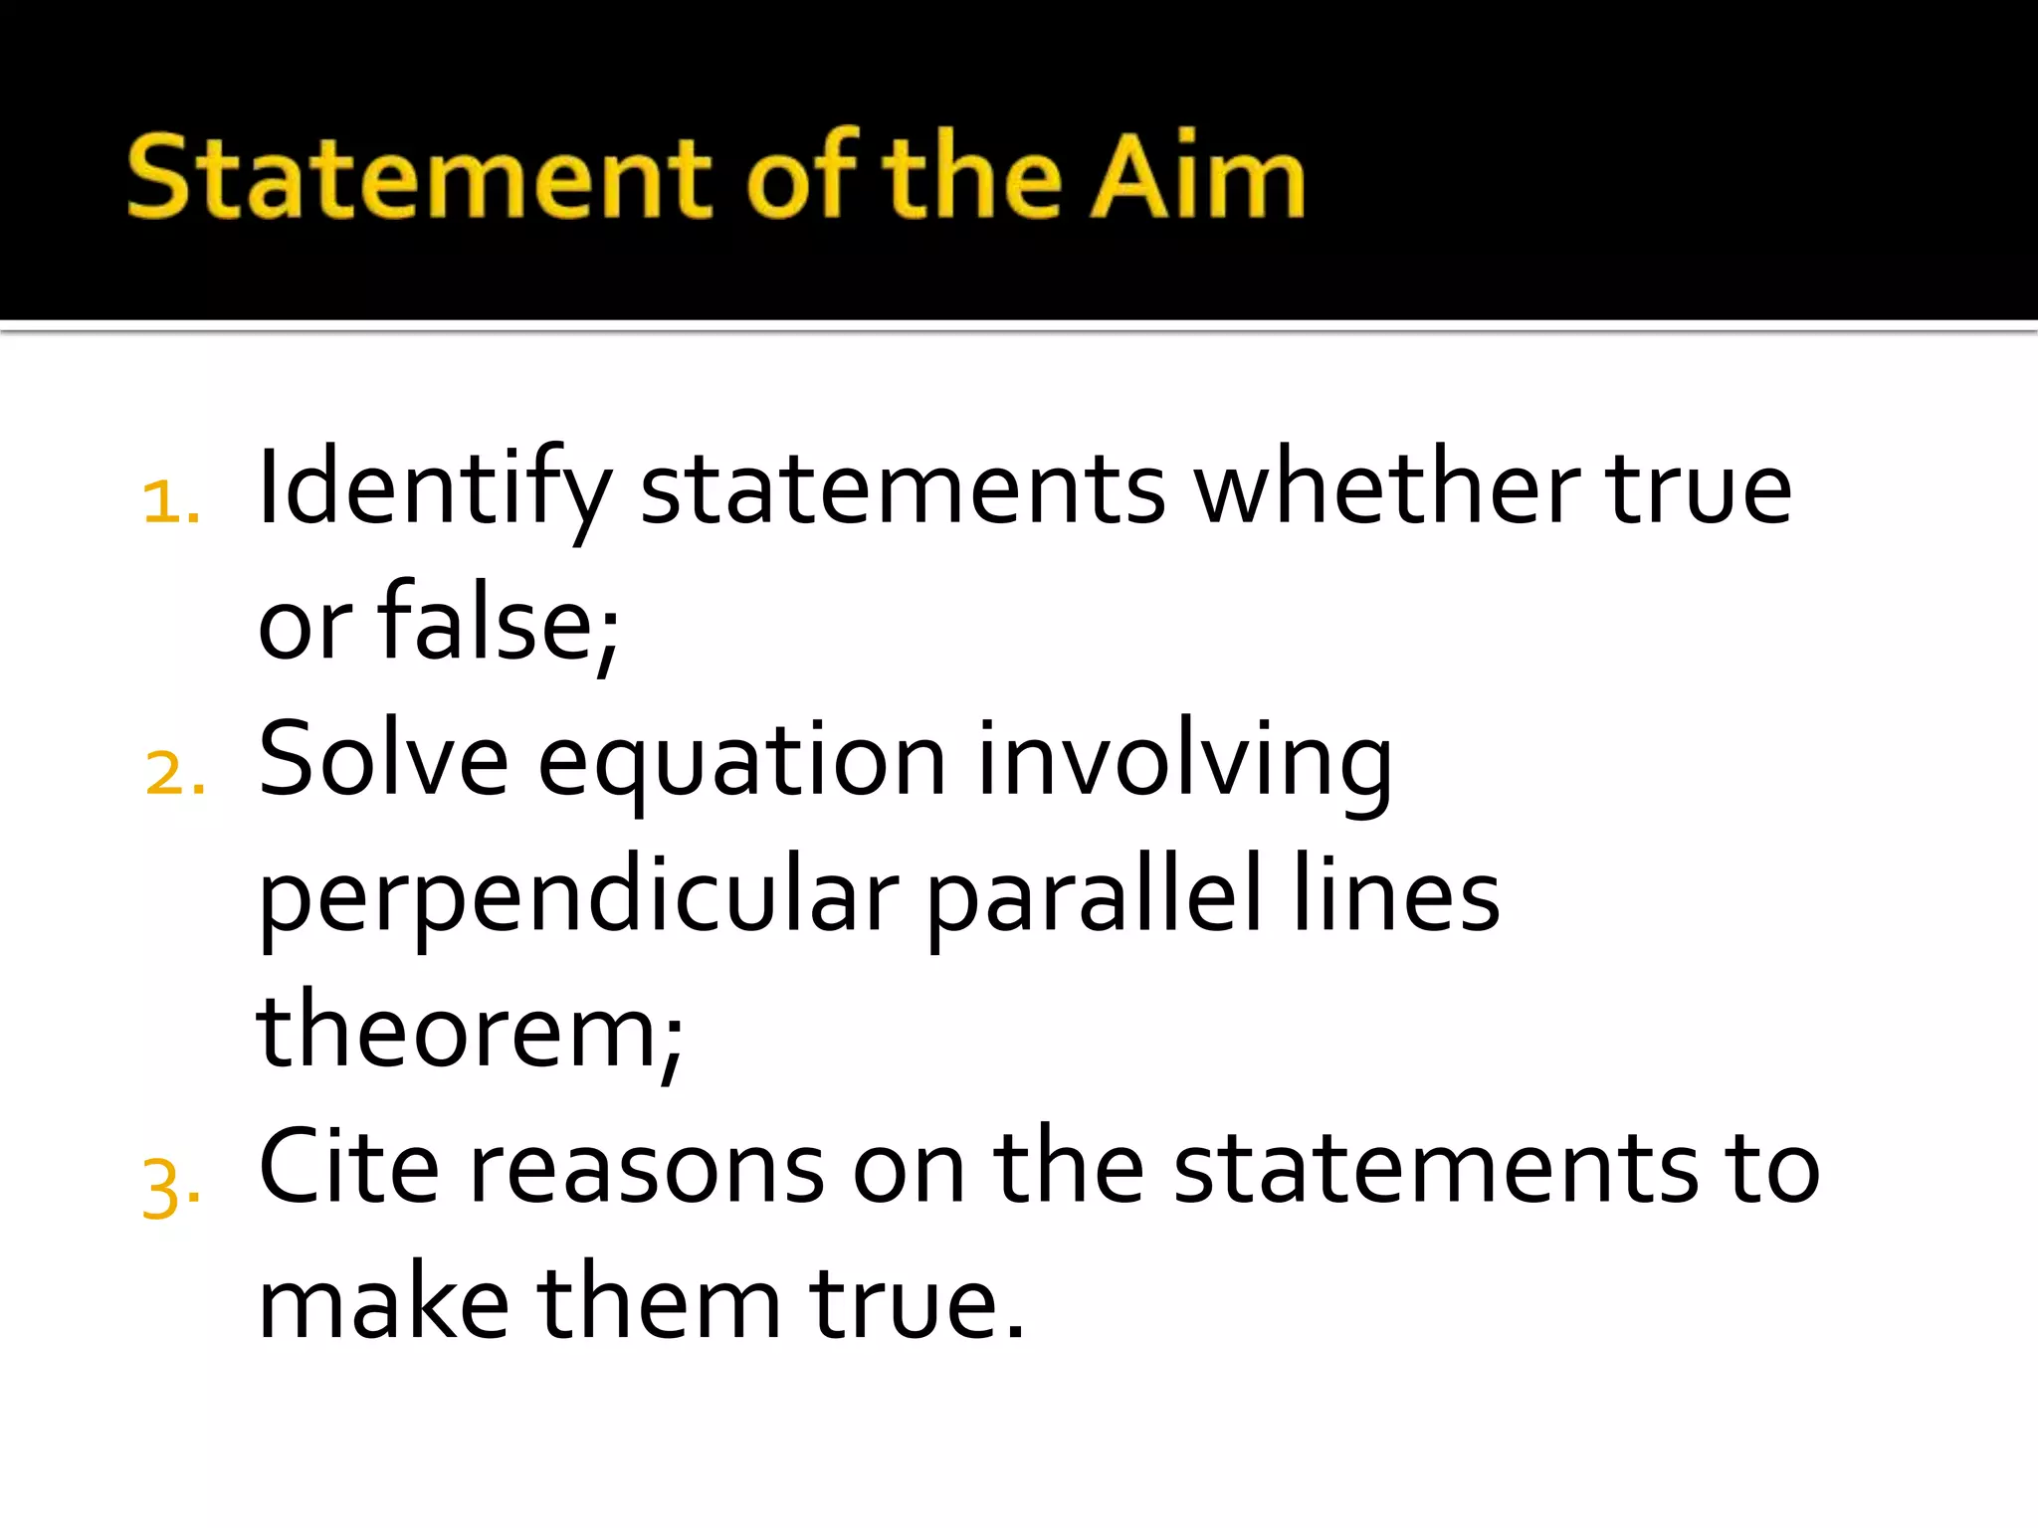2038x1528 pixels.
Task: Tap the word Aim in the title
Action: (x=1197, y=177)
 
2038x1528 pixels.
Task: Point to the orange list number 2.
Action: (x=174, y=773)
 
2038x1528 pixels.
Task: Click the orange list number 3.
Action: (x=171, y=1188)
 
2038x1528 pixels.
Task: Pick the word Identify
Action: (x=434, y=489)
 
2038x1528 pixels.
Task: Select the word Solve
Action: (x=383, y=760)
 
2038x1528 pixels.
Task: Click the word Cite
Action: (x=348, y=1167)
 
